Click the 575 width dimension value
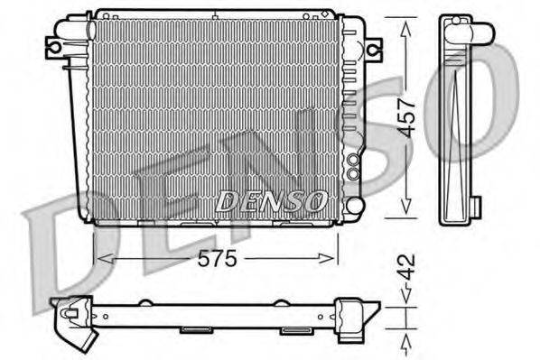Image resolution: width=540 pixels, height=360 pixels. click(217, 259)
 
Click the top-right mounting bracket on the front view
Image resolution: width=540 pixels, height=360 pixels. click(371, 46)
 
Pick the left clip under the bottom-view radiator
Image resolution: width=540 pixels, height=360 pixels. click(196, 329)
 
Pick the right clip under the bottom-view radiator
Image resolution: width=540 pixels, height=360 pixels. click(295, 330)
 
